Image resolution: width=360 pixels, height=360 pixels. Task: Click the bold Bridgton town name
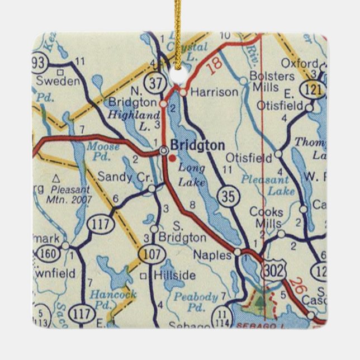(197, 146)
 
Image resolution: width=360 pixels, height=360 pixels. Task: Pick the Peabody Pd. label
(193, 301)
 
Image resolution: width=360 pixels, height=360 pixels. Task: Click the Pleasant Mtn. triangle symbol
(56, 178)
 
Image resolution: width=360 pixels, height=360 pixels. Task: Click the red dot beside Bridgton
(172, 158)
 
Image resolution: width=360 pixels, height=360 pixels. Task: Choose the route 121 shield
(309, 88)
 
